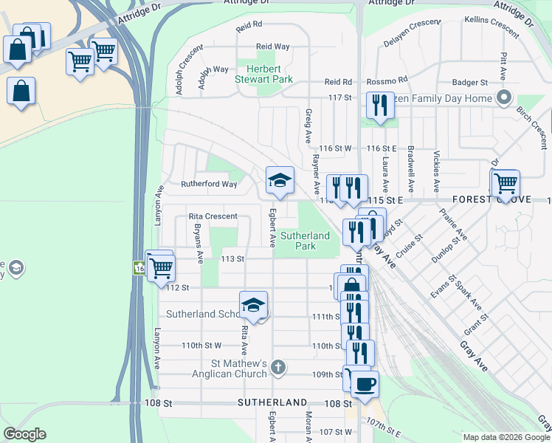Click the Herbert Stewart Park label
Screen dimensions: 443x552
pos(263,73)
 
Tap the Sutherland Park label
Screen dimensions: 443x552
pos(305,241)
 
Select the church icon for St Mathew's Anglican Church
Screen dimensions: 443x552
pos(278,366)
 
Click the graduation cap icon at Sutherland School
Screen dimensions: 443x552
pos(253,305)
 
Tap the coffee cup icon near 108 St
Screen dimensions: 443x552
pos(363,384)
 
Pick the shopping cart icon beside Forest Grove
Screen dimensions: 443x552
pos(506,182)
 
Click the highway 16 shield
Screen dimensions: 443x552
pos(139,267)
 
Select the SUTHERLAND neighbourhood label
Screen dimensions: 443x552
pos(272,403)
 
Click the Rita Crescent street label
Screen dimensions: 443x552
pos(213,216)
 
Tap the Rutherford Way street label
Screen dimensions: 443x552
pos(210,185)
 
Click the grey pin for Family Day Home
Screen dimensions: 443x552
pos(505,97)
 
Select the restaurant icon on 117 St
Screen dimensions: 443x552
pos(380,105)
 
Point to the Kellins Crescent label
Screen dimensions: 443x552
pos(492,27)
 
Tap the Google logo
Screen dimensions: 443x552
pos(24,433)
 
